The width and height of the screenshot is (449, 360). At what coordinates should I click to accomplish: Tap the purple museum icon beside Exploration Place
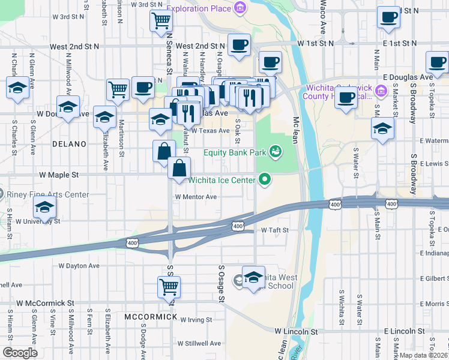click(x=240, y=8)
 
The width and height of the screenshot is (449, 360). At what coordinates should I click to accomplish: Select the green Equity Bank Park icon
click(x=275, y=152)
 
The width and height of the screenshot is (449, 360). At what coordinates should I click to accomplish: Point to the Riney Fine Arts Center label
click(x=47, y=194)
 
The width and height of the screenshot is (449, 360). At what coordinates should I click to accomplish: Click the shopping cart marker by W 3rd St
click(x=161, y=20)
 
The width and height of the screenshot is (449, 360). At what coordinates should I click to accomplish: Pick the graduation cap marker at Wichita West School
click(x=253, y=275)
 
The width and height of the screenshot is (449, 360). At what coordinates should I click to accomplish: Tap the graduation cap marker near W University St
click(x=45, y=207)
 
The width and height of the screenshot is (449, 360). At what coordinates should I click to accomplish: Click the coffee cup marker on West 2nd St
click(x=239, y=44)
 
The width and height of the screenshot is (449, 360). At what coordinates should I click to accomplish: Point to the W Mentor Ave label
click(x=196, y=196)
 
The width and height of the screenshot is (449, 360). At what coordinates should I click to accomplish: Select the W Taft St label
click(x=275, y=230)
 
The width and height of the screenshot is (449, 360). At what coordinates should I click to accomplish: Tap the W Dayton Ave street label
click(x=79, y=265)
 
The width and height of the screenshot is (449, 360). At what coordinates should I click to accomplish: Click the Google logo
click(x=20, y=353)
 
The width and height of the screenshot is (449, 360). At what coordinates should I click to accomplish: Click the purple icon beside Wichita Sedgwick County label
click(x=381, y=91)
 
